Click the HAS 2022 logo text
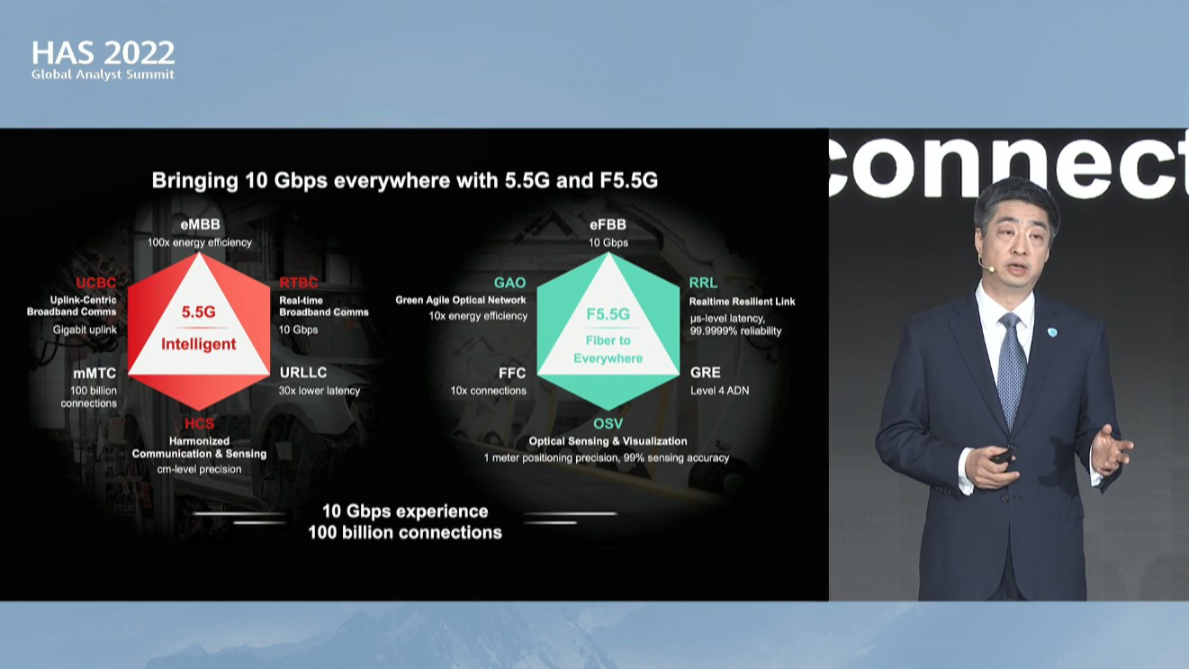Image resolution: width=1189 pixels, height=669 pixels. [103, 53]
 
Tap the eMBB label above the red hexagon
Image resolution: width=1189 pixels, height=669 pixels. [200, 224]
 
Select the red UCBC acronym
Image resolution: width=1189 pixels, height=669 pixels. [95, 283]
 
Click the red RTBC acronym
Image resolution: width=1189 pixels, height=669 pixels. [298, 283]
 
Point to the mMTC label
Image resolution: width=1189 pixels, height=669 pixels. [95, 374]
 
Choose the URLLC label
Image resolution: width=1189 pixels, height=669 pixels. [303, 373]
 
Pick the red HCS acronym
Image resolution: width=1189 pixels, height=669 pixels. [199, 423]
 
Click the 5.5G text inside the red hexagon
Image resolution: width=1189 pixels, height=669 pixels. [199, 312]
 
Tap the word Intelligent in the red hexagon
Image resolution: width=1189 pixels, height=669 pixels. [199, 344]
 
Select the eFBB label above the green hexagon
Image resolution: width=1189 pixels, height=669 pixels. [608, 224]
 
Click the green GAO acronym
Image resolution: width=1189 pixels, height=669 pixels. [509, 283]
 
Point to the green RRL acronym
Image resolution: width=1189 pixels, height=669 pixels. [703, 283]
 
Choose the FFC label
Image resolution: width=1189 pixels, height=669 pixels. [512, 374]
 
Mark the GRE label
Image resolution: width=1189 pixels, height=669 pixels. [705, 373]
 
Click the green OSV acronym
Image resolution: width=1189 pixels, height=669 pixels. [608, 424]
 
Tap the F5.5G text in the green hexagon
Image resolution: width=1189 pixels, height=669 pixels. [608, 314]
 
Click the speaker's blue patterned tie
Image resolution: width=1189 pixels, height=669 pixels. [1011, 366]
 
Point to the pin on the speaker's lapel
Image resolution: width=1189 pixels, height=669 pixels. [1052, 332]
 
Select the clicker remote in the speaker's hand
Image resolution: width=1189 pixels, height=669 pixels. [1002, 457]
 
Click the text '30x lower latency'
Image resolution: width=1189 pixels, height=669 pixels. [319, 391]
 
